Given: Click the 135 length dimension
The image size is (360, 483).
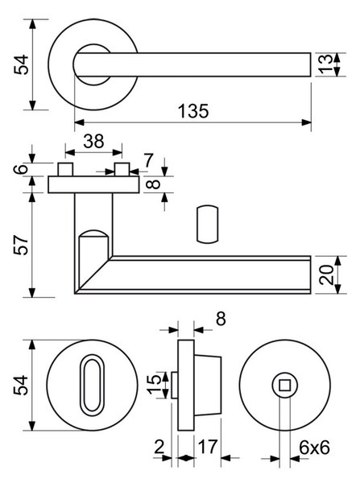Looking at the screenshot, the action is [x=193, y=111].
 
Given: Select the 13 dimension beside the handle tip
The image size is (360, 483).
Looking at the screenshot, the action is [x=325, y=64].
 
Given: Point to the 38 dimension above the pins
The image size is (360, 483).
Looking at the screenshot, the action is [x=93, y=142].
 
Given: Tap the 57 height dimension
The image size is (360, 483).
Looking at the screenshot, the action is [x=21, y=245].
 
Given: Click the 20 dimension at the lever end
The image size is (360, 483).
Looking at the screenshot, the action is [x=326, y=275].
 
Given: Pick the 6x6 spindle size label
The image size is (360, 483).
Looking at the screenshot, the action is [x=314, y=448].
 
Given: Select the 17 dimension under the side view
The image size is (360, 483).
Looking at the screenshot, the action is [x=208, y=446].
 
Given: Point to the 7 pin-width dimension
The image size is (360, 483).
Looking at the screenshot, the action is [x=148, y=160].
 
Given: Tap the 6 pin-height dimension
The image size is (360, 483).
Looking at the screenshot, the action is [x=21, y=169].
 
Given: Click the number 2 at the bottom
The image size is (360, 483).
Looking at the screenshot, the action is [x=159, y=446].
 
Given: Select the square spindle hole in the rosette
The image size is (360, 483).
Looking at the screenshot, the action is [x=284, y=385].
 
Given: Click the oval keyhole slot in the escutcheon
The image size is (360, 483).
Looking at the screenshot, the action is [x=92, y=385].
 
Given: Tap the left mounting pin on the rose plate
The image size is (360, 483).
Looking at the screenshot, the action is [x=65, y=169].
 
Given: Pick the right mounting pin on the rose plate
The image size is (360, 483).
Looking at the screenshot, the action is [x=122, y=169].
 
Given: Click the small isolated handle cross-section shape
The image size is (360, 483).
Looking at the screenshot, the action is [x=208, y=224].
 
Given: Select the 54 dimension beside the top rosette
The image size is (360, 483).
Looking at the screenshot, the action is [x=21, y=64].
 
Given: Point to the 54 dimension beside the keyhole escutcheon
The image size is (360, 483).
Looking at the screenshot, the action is [x=21, y=385].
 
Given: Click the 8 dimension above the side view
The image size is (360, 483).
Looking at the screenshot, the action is [x=221, y=319].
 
